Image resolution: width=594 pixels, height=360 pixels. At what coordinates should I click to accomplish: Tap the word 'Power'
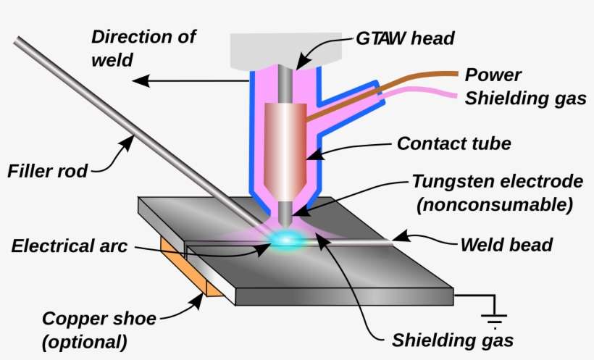pos(493,75)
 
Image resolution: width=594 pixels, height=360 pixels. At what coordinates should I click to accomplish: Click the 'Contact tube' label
pos(453,143)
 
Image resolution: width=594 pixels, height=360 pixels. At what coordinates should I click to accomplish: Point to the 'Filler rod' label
pos(47,172)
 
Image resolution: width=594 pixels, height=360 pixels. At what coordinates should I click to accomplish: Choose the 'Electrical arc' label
pos(70,246)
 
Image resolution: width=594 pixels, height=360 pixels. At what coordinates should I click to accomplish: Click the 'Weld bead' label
pos(506,245)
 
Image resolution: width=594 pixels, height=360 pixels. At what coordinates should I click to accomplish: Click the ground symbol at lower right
pos(495,318)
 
